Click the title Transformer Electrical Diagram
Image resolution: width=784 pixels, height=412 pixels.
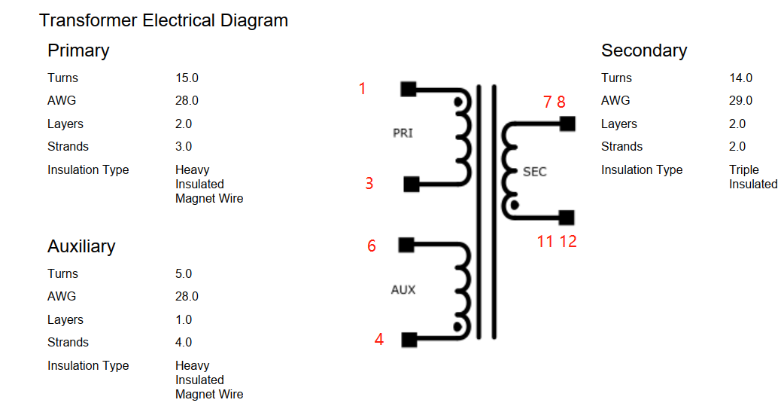click(x=163, y=20)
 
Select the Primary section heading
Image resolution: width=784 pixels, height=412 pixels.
click(x=78, y=50)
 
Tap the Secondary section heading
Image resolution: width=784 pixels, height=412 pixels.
click(x=643, y=50)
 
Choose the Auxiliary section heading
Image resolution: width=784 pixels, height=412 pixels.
click(x=81, y=246)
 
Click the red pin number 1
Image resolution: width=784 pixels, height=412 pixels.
click(x=362, y=89)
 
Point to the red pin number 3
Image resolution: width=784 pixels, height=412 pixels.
click(x=369, y=183)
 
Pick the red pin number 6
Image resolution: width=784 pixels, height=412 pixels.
click(x=372, y=246)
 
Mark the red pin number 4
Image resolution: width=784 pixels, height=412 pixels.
click(x=379, y=340)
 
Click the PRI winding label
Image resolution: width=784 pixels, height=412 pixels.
click(x=403, y=133)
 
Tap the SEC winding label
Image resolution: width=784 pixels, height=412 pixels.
click(x=534, y=172)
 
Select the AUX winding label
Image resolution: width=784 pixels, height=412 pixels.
click(x=403, y=290)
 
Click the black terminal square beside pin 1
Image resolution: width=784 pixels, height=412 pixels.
click(x=408, y=89)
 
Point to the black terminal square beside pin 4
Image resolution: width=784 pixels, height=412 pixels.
click(x=409, y=340)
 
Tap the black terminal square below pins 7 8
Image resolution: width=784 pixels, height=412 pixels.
click(x=567, y=123)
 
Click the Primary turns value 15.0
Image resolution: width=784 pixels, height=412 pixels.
click(x=187, y=78)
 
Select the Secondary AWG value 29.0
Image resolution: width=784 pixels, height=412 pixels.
click(x=740, y=100)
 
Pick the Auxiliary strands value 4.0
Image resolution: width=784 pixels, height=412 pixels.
click(x=184, y=342)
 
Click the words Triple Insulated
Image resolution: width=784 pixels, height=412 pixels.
click(x=752, y=177)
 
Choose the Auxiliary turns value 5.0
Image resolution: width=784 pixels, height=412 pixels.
click(x=184, y=273)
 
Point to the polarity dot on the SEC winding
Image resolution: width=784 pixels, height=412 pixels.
click(x=515, y=204)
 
